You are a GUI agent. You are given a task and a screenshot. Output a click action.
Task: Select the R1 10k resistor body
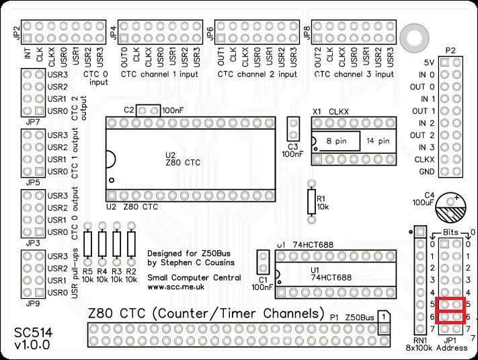click(x=311, y=201)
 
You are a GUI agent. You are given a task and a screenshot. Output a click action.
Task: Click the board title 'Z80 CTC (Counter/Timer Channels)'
click(x=202, y=314)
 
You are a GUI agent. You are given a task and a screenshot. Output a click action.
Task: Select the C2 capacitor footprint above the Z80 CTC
click(x=148, y=109)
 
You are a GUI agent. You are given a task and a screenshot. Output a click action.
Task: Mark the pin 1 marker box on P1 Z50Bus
click(x=382, y=316)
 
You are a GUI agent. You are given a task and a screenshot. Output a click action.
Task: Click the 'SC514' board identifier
click(x=31, y=333)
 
